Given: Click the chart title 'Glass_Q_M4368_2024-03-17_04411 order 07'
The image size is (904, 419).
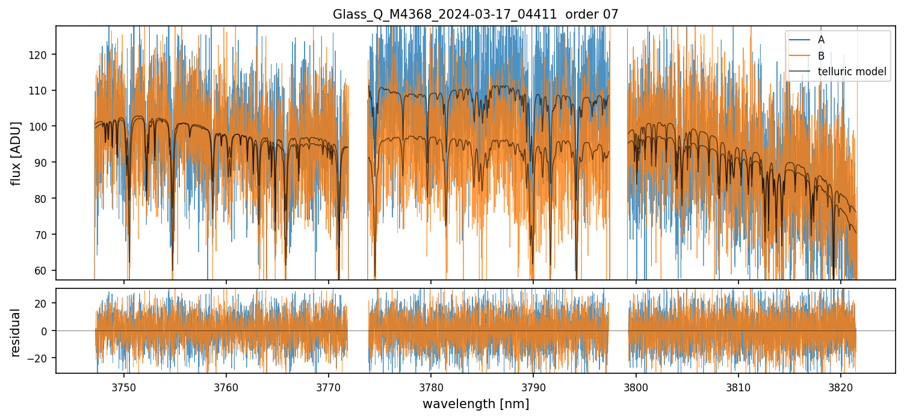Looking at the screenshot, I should point(475,14).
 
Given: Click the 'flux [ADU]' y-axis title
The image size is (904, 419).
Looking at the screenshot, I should point(17,153).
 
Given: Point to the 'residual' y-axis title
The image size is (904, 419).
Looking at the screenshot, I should point(17,332).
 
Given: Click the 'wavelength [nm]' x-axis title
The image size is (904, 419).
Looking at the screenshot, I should point(475,404).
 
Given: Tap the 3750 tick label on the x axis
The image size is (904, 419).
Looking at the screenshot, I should point(124,386).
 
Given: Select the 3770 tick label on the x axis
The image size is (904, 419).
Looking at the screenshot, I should point(329,386).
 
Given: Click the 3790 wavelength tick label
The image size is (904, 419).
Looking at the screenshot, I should point(533,386).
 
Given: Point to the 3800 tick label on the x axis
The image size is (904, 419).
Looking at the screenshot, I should point(636,386).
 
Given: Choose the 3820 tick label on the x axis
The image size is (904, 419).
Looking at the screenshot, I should point(841,386).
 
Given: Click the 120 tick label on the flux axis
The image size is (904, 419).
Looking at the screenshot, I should point(42,55).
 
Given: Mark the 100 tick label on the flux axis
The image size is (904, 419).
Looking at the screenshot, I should point(42,126).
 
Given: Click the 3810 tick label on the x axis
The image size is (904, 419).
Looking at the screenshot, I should point(738,386).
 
